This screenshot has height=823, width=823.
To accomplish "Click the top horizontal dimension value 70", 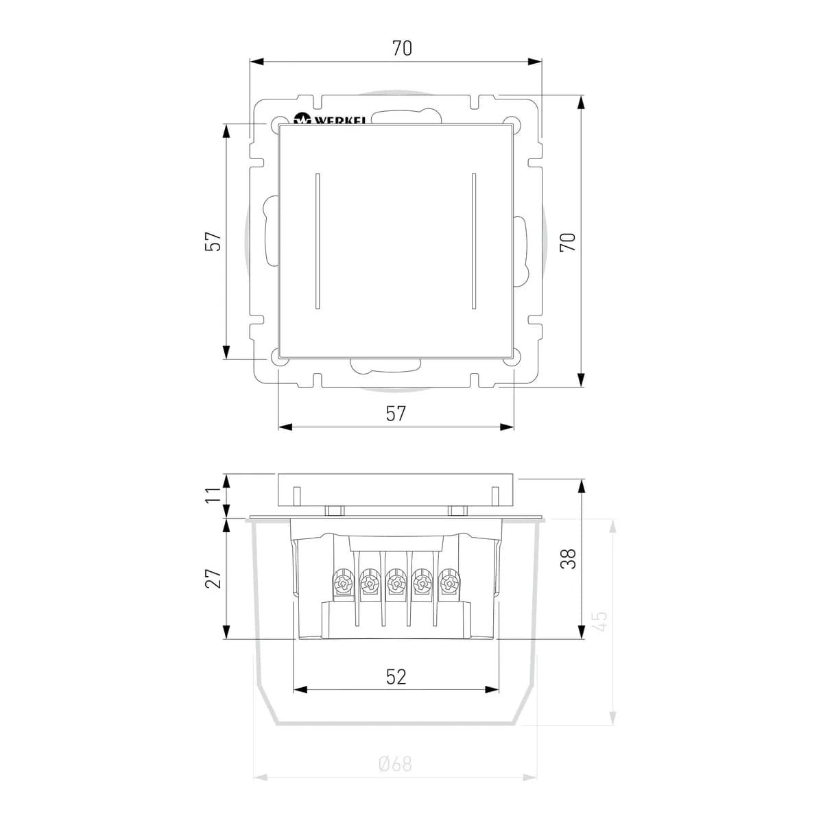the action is point(402,48).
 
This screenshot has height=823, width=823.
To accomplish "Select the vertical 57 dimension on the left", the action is point(213,241).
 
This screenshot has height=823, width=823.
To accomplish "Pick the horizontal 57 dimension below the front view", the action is point(396,414).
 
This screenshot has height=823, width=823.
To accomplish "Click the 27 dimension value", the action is point(213,579).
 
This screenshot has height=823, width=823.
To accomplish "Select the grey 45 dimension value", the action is point(600,621).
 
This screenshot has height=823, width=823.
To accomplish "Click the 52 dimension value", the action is point(396,677).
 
